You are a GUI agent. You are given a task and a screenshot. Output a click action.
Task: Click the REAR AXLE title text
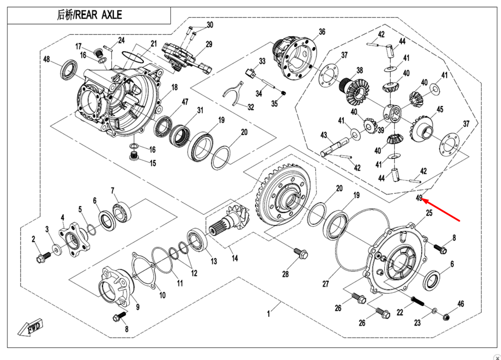(89, 15)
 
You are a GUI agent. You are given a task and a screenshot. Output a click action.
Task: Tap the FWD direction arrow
(30, 327)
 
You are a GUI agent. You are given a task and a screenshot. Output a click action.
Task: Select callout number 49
(419, 198)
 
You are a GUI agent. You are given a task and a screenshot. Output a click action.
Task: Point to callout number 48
(47, 60)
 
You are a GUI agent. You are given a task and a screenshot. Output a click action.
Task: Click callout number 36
(322, 32)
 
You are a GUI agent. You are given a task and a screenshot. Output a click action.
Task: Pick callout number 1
(269, 314)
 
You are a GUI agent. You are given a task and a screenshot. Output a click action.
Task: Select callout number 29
(209, 44)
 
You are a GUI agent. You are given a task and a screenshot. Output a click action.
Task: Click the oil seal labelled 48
(69, 70)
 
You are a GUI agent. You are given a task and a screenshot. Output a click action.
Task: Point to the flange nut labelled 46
(448, 315)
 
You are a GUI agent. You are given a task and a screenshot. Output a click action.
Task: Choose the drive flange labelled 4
(72, 238)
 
